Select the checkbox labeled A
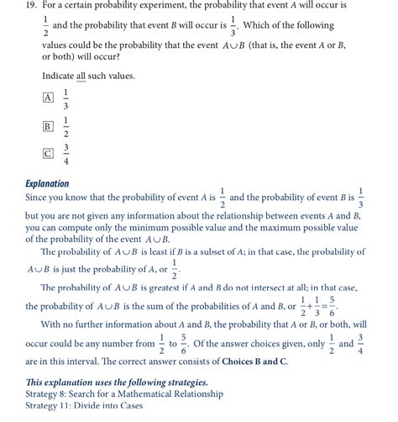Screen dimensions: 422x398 click(48, 98)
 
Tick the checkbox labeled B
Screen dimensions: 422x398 click(48, 126)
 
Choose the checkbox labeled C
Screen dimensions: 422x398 click(48, 154)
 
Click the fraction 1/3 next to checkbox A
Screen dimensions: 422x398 click(65, 98)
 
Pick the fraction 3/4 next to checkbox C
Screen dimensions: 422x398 click(65, 154)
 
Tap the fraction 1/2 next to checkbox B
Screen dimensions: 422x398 click(65, 126)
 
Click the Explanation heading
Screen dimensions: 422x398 click(48, 183)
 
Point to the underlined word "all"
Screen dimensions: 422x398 click(81, 76)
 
